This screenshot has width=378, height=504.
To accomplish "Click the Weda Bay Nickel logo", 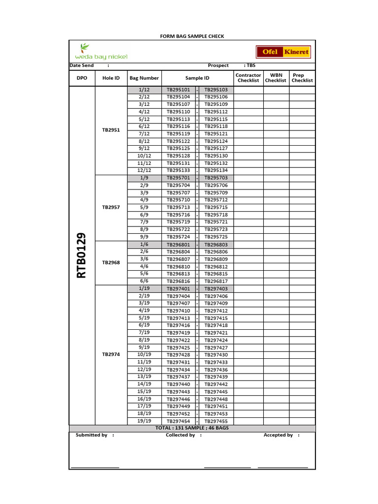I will tap(103, 51).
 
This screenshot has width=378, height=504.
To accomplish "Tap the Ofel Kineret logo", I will tap(283, 52).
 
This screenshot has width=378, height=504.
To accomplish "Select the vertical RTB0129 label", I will tap(82, 255).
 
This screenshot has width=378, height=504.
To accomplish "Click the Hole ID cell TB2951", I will tap(111, 130).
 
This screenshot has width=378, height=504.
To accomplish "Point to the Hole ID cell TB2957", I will tap(111, 207).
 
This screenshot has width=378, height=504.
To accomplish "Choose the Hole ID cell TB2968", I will tap(111, 262).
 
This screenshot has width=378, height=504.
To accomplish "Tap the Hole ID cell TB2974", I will tap(111, 354).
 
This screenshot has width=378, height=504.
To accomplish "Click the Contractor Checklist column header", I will tap(248, 78).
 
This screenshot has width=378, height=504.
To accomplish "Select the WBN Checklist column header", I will tap(276, 78).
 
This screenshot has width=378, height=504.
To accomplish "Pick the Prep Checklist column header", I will tap(302, 78).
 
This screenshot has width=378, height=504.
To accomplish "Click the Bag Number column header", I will tap(144, 78).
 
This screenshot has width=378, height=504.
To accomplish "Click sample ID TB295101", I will tap(178, 90).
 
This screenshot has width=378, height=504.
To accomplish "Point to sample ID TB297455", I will tap(216, 421).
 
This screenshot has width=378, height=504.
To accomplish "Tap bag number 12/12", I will tap(144, 170).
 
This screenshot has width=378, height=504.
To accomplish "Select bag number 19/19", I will tap(144, 421).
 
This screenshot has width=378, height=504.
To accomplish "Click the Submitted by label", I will tap(92, 435).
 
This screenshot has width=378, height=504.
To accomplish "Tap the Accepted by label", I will tap(279, 435).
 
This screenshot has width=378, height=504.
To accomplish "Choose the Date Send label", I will tap(82, 65).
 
